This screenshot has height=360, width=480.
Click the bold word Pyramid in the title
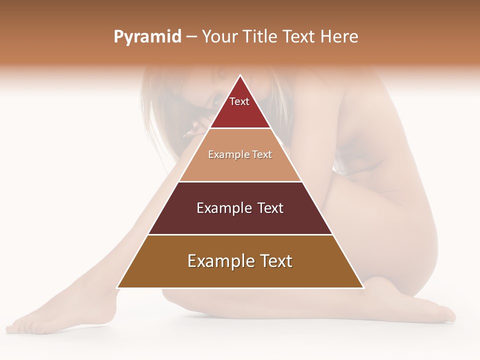coord(147,37)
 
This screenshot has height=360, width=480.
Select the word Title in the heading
coord(260,37)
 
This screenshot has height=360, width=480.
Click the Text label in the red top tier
coord(239,101)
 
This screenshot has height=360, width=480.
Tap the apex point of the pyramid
coord(240,75)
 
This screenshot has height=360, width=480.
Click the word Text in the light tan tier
coord(262,154)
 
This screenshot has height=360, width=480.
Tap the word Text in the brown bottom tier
coord(275,261)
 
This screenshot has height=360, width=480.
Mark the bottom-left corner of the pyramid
coord(117,288)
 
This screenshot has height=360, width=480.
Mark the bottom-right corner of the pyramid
coord(363,288)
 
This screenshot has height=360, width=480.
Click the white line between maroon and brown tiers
coord(240,235)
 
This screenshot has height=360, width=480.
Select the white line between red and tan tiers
coord(240,128)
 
